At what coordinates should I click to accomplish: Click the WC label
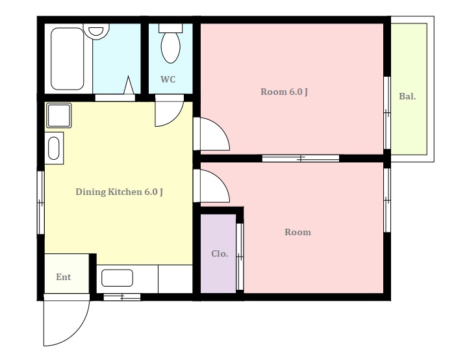pos(168,79)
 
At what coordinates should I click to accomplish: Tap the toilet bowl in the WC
pos(170,47)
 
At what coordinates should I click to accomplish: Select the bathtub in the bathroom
pos(68,58)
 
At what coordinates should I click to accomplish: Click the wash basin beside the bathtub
pos(96,31)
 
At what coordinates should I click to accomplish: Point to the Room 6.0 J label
pos(284,92)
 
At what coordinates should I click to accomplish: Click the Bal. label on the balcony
pos(407,96)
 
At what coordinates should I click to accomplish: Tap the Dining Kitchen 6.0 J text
pos(120,192)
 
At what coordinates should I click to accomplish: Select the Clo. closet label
pos(220,254)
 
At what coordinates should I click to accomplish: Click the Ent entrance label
pos(64,277)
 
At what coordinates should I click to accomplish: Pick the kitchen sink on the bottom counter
pos(117,277)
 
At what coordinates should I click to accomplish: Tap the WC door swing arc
pos(175,118)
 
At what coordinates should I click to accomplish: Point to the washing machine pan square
pos(59,115)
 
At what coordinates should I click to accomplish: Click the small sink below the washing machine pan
pos(54,148)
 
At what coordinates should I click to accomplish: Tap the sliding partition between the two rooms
pos(301,159)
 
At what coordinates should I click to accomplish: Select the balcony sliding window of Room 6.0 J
pos(386,113)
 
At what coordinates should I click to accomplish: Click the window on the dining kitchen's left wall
pos(41,203)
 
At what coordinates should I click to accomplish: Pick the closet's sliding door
pos(240,257)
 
